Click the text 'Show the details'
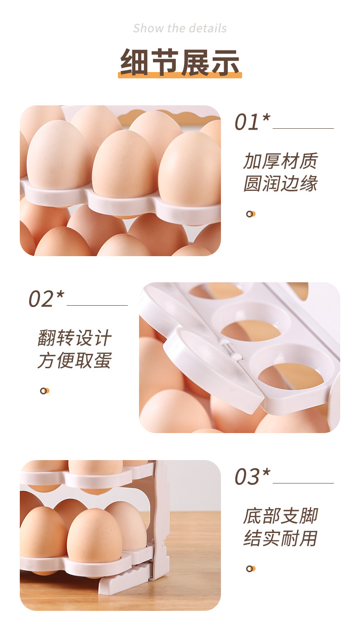click(x=180, y=28)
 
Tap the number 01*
click(x=252, y=122)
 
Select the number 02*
click(x=46, y=299)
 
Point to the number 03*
click(x=252, y=477)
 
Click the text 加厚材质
click(x=280, y=161)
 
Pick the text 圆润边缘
click(x=280, y=184)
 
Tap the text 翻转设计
click(x=74, y=338)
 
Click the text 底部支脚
click(x=280, y=516)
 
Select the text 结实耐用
click(x=280, y=538)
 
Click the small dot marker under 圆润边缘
click(x=250, y=214)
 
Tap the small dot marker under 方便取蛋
click(x=44, y=391)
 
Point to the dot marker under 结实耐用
click(x=250, y=569)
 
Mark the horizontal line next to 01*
click(x=303, y=129)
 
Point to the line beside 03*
click(x=303, y=483)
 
